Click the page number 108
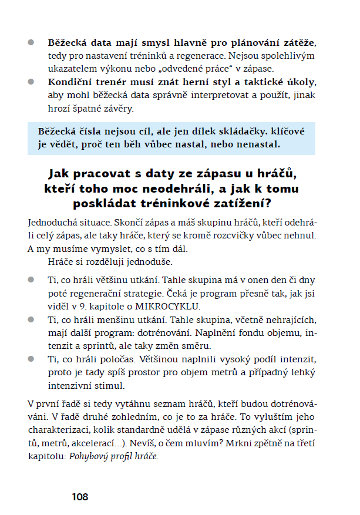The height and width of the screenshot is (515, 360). coord(80,497)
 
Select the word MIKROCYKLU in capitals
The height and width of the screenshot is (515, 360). coord(176,306)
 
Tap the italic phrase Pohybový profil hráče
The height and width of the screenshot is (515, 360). coord(113,456)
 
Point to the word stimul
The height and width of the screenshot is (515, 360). coord(110,386)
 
